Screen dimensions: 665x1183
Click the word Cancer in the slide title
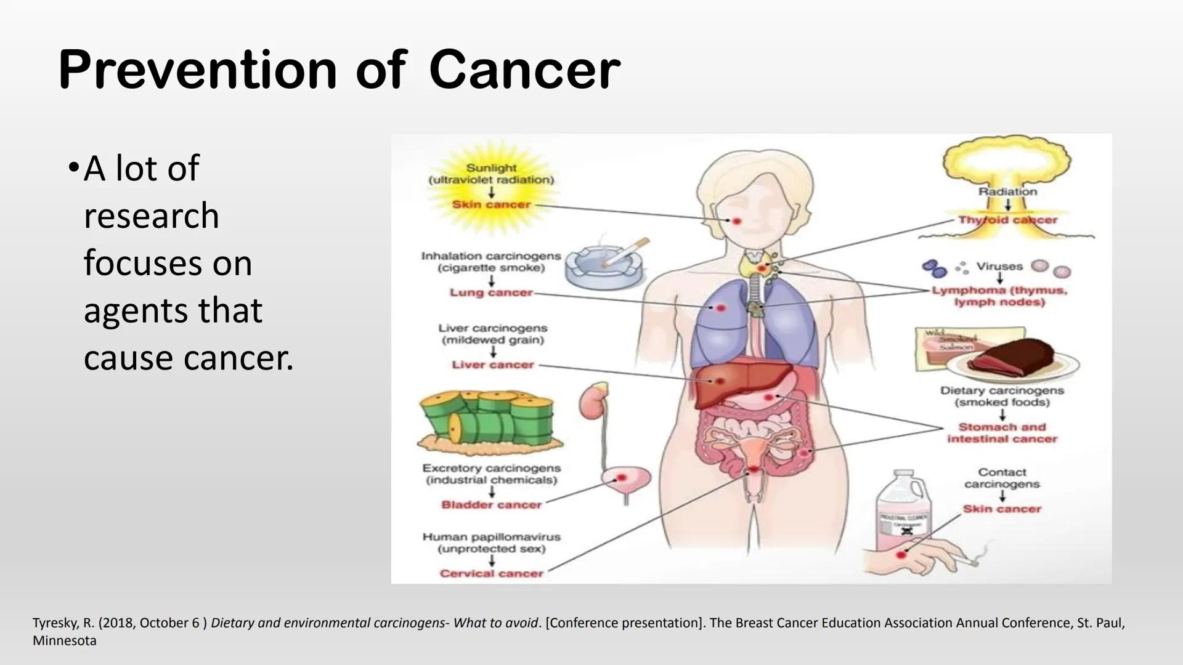pyautogui.click(x=524, y=70)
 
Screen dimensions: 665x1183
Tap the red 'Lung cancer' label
pyautogui.click(x=491, y=292)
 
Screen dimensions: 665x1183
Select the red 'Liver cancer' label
pyautogui.click(x=493, y=365)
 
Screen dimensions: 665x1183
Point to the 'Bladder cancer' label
pyautogui.click(x=491, y=505)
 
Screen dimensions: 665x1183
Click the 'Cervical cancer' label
pyautogui.click(x=491, y=573)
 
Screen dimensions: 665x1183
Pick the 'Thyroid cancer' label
pyautogui.click(x=1007, y=220)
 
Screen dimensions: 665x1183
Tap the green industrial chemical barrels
pyautogui.click(x=490, y=419)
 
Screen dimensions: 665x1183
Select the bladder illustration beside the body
pyautogui.click(x=625, y=480)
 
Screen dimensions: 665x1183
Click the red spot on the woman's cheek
pyautogui.click(x=736, y=220)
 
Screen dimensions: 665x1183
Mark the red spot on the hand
pyautogui.click(x=901, y=555)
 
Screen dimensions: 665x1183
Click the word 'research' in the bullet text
pyautogui.click(x=152, y=216)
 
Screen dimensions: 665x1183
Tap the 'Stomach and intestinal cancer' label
pyautogui.click(x=1002, y=433)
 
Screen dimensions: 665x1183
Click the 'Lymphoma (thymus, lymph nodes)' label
pyautogui.click(x=999, y=296)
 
